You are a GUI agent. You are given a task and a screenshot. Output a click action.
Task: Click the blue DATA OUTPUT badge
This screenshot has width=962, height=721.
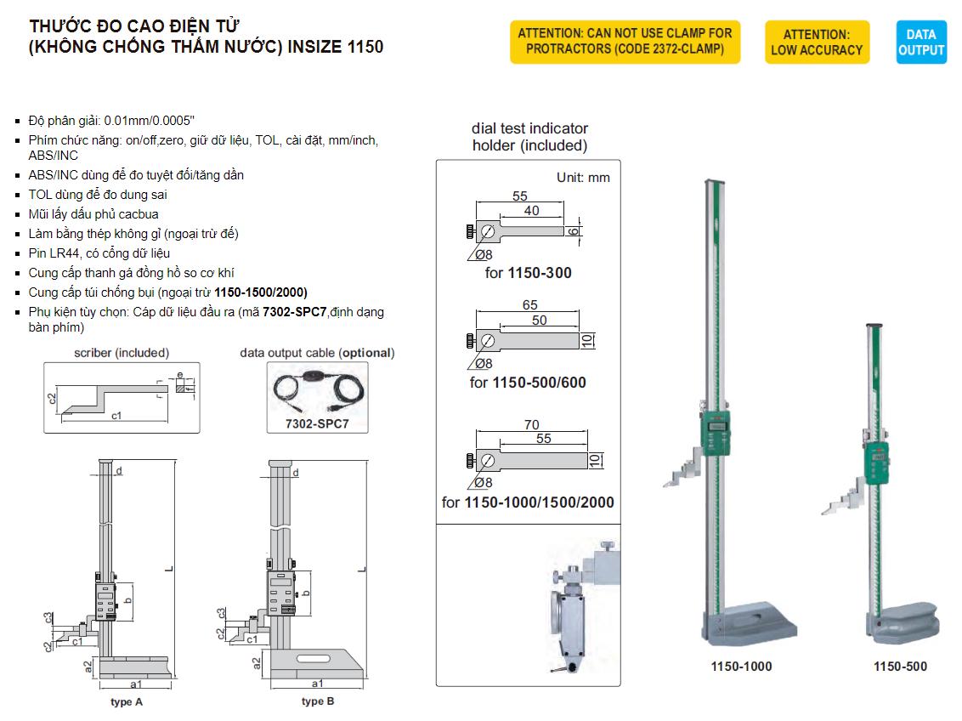[x=920, y=43]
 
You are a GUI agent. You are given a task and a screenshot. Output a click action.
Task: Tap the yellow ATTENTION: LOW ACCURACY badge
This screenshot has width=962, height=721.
[x=816, y=43]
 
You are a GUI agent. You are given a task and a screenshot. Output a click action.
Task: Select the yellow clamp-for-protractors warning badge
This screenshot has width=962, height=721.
[x=625, y=42]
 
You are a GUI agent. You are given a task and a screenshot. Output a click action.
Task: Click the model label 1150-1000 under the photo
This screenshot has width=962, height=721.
[x=741, y=667]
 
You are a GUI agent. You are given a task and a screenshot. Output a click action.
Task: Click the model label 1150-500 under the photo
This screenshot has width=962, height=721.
[x=900, y=667]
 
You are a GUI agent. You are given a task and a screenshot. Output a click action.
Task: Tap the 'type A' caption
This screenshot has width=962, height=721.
[x=127, y=702]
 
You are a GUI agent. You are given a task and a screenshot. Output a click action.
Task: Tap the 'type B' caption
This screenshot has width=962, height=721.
[x=318, y=701]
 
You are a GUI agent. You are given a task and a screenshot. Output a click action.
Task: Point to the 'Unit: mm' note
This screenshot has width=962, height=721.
[x=583, y=178]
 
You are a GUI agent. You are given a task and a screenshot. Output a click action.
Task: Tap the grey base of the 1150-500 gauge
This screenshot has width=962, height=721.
[x=900, y=627]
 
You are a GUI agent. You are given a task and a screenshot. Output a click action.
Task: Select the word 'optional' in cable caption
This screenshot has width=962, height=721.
[x=367, y=352]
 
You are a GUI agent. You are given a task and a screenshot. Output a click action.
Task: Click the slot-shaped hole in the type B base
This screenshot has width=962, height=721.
[x=313, y=658]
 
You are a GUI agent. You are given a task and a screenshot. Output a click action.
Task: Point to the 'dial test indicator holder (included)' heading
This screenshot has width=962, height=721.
[x=529, y=137]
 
